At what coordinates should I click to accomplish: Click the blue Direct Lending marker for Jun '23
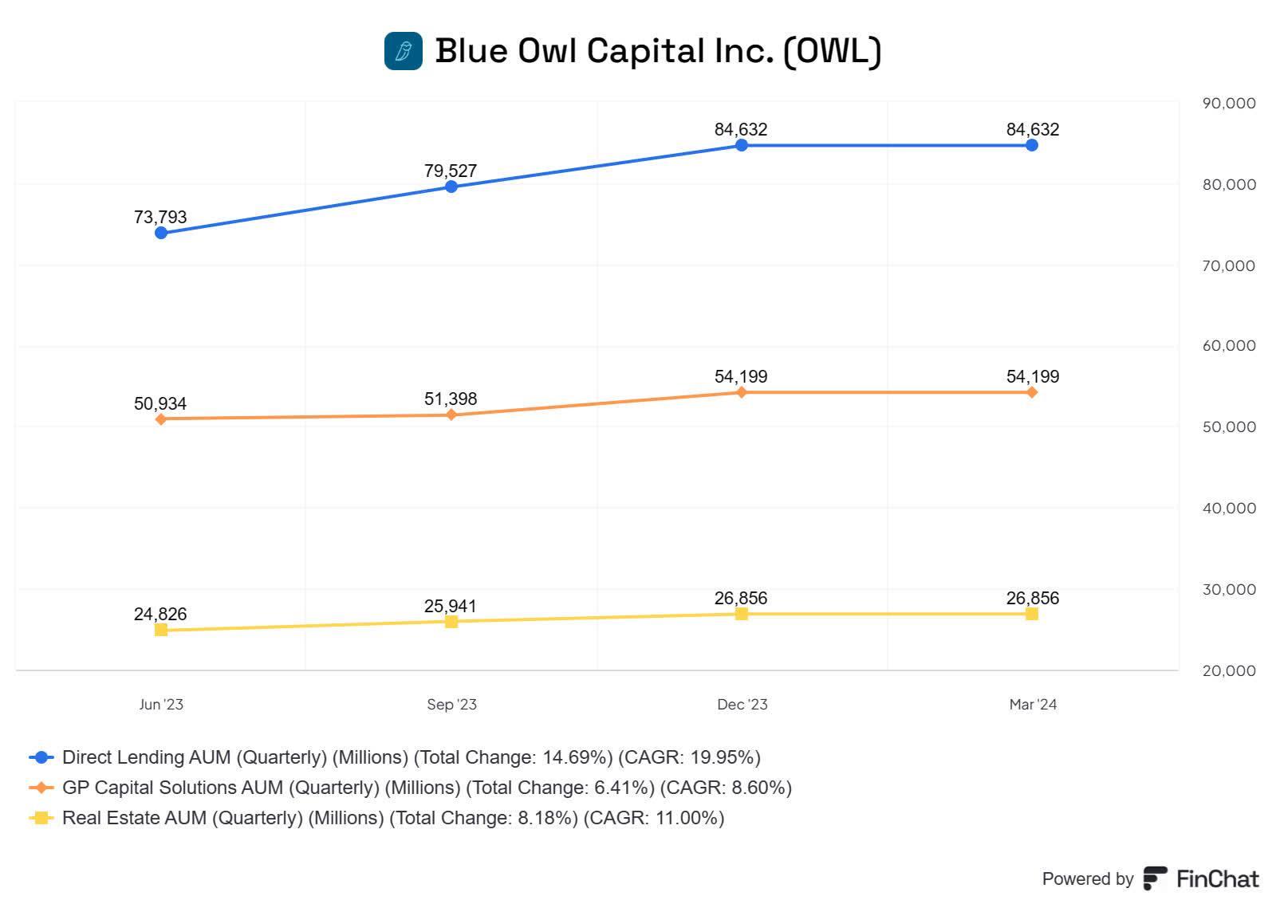(x=161, y=233)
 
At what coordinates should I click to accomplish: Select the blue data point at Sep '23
(x=451, y=187)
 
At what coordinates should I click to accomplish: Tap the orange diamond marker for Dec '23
(x=742, y=392)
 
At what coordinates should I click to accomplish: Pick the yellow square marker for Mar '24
(x=1032, y=614)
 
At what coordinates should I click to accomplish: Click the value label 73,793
(x=160, y=217)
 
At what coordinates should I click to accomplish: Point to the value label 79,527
(x=451, y=171)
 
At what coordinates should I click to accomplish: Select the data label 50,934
(x=160, y=403)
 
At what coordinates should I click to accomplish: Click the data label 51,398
(x=451, y=399)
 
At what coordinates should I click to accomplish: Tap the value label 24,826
(x=160, y=614)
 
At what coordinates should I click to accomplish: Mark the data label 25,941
(x=451, y=606)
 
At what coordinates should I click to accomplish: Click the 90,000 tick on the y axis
(x=1229, y=103)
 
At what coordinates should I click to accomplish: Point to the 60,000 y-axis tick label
(x=1229, y=345)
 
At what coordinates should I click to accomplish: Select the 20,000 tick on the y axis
(x=1229, y=670)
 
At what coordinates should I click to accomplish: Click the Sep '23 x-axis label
(x=451, y=704)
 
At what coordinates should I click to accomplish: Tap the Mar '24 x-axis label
(x=1033, y=704)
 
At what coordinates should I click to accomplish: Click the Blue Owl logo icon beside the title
(x=404, y=51)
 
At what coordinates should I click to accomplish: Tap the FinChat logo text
(x=1217, y=878)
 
